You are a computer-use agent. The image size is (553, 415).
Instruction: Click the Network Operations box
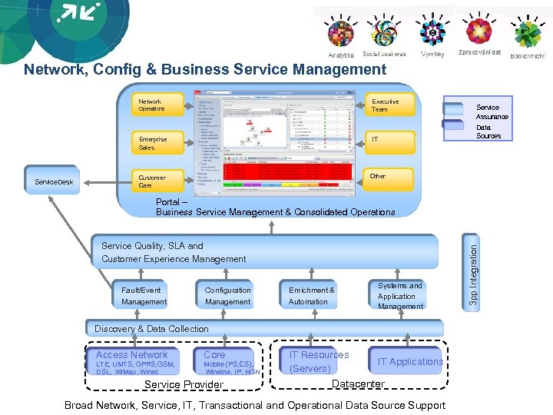pyautogui.click(x=157, y=105)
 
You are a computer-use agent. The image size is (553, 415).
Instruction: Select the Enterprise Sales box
pyautogui.click(x=157, y=143)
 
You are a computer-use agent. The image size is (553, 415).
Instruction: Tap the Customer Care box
pyautogui.click(x=157, y=181)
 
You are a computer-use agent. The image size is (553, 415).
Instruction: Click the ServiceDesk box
pyautogui.click(x=55, y=182)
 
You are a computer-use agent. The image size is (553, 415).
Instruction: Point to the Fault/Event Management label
pyautogui.click(x=144, y=296)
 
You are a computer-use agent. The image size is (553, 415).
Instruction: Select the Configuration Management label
pyautogui.click(x=227, y=296)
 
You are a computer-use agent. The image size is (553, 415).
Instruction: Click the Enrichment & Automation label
pyautogui.click(x=311, y=296)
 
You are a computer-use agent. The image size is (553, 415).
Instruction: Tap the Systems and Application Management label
pyautogui.click(x=400, y=296)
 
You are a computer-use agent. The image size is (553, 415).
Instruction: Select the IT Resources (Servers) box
pyautogui.click(x=318, y=362)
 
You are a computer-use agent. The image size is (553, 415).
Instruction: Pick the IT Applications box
pyautogui.click(x=409, y=361)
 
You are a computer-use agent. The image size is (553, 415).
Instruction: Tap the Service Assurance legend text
pyautogui.click(x=492, y=112)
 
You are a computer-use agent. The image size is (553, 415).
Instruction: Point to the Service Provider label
pyautogui.click(x=184, y=384)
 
